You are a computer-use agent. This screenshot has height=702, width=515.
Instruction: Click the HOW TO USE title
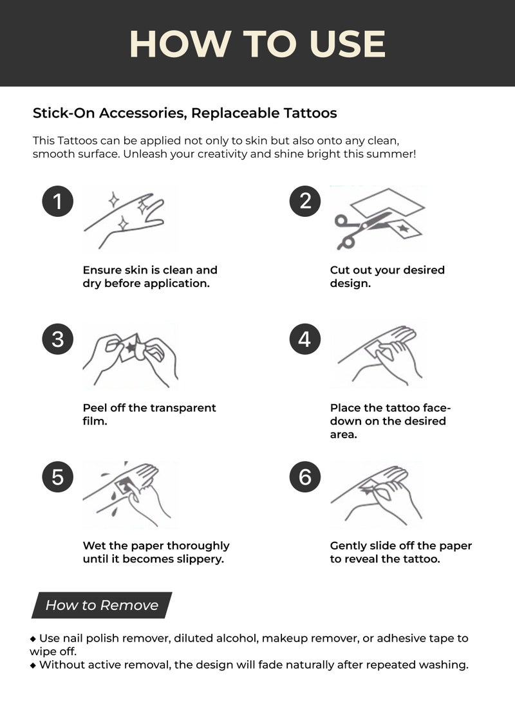[x=257, y=44]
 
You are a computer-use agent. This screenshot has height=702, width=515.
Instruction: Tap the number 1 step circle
[x=58, y=201]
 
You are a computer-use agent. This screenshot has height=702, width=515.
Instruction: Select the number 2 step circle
[x=305, y=201]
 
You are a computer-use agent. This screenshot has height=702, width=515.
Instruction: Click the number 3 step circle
[x=58, y=339]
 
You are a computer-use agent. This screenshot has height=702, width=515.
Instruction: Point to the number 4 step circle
[x=305, y=339]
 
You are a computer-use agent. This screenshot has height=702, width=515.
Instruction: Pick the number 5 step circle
[x=58, y=477]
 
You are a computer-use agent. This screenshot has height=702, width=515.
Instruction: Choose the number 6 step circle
[x=305, y=477]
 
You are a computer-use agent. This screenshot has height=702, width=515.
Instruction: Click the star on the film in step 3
[x=132, y=348]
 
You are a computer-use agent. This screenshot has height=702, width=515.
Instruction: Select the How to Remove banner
[x=102, y=605]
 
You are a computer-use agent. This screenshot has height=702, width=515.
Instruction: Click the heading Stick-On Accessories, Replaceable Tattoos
[x=185, y=113]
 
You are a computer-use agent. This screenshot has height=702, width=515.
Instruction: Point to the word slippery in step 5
[x=199, y=559]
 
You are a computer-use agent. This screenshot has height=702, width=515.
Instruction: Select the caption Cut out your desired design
[x=387, y=277]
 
